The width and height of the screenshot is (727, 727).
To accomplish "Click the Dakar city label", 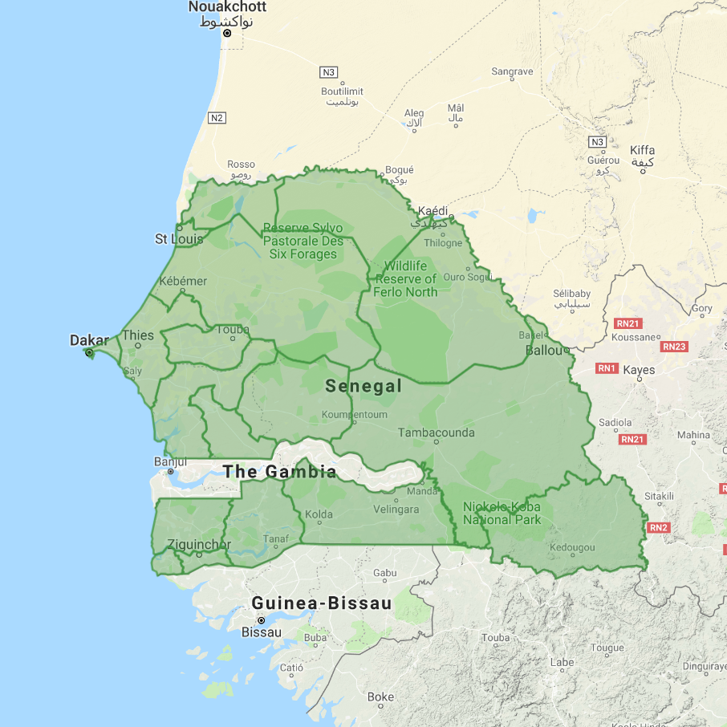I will point(89,340).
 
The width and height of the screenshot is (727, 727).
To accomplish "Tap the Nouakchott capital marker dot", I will point(227,33).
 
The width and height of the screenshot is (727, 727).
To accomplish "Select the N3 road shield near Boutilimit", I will point(328,72).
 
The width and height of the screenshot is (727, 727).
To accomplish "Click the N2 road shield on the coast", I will point(216,118).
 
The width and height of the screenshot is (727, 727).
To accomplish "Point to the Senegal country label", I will point(363,386).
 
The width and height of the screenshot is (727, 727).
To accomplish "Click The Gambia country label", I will point(279,472).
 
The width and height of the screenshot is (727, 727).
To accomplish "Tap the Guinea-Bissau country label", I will point(321,603).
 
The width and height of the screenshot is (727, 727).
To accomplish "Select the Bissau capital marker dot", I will point(261,620).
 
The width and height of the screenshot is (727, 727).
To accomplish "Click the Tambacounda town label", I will point(437,433).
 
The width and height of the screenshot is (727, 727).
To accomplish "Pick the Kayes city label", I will point(640,370).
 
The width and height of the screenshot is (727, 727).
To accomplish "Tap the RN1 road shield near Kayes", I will point(607,368).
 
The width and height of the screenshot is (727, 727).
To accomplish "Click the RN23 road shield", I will point(674,347).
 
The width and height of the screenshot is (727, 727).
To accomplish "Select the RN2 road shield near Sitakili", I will point(659,527).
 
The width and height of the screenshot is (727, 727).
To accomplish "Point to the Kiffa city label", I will point(643,150).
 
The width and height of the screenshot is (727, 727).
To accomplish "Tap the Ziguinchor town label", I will point(199,545).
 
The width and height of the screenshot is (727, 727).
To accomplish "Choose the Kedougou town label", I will point(572,548).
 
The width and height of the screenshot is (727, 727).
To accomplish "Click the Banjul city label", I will point(170,462).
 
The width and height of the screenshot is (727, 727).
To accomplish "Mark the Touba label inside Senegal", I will point(233,329).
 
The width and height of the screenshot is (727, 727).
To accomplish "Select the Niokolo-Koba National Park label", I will point(502,513).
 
